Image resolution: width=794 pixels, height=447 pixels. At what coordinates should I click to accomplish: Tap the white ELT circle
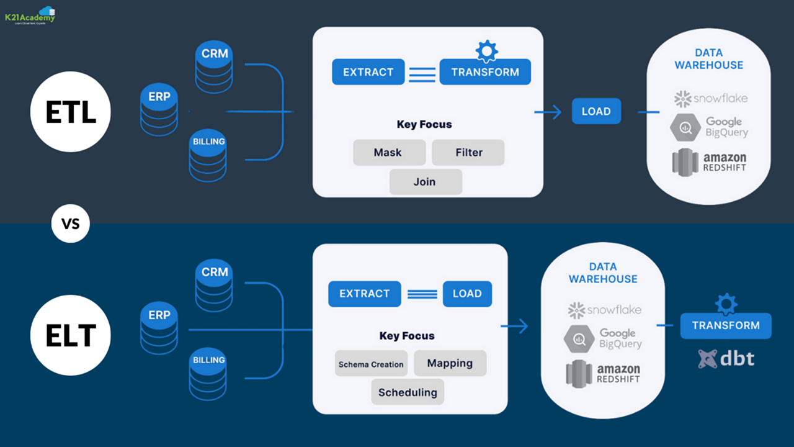(71, 336)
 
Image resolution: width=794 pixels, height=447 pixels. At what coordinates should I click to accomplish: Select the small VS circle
(71, 223)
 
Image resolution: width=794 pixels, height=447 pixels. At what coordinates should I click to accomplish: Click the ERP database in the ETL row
(159, 111)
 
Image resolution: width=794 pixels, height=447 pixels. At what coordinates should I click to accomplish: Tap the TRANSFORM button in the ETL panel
(485, 72)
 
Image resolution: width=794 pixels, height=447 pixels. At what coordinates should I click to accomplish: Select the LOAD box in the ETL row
(596, 112)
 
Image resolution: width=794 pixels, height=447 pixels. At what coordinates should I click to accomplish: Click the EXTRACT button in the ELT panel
(364, 294)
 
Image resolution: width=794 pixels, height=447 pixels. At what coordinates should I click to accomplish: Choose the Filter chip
(468, 152)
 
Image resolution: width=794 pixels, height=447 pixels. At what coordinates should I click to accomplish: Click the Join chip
(426, 182)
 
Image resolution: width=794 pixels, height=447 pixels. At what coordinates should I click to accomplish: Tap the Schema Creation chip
(371, 364)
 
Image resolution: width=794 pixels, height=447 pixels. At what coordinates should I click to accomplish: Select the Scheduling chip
(408, 392)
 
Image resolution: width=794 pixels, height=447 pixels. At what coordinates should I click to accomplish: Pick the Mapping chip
(450, 363)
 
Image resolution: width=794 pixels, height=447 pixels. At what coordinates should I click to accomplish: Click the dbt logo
(726, 359)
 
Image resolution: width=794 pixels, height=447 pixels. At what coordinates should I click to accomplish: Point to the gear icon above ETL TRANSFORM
(486, 50)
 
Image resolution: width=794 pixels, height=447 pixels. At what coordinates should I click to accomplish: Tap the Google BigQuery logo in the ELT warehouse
(602, 339)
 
